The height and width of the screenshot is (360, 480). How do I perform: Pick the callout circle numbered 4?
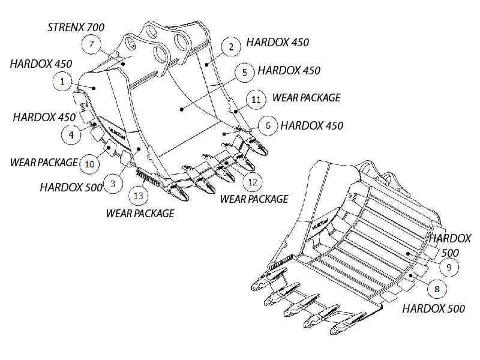tap(71, 135)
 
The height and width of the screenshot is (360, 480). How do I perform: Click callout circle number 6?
tap(268, 125)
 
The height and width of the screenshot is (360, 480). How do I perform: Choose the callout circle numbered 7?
tap(91, 44)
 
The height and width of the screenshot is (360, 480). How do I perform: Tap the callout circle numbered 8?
tap(436, 289)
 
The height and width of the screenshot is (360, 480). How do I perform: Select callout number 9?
tap(449, 266)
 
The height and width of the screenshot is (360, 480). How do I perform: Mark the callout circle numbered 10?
tap(89, 163)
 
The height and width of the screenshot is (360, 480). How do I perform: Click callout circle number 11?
tap(256, 99)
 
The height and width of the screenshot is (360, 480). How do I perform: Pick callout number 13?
tap(139, 196)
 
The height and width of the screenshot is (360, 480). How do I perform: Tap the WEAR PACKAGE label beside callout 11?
tap(306, 97)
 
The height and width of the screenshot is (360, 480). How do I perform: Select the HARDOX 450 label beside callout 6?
tap(312, 126)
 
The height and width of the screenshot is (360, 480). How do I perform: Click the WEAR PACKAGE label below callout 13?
tap(140, 213)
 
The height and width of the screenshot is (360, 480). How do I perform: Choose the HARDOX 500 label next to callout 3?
tap(71, 187)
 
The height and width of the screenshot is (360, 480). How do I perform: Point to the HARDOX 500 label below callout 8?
tap(433, 309)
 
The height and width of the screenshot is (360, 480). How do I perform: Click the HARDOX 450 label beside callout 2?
tap(278, 44)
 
